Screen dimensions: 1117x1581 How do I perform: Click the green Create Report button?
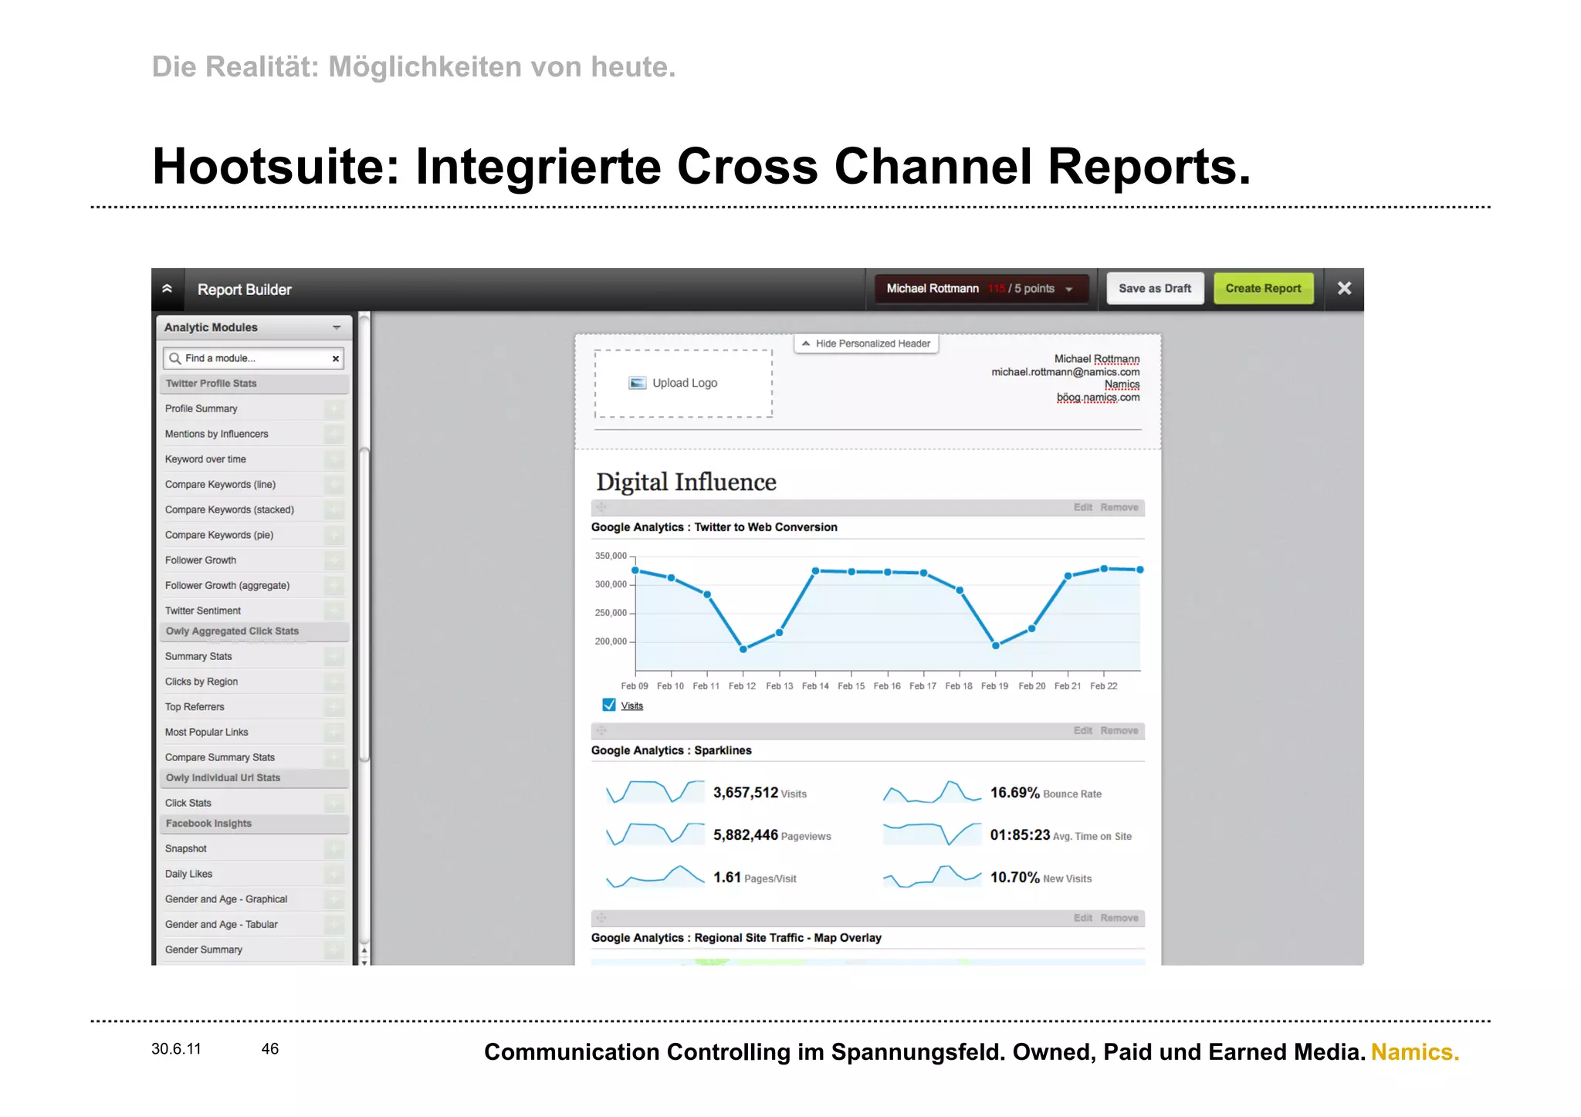coord(1263,289)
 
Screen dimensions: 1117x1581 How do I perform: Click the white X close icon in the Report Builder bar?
coord(1344,289)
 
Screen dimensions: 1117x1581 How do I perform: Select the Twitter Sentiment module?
coord(203,611)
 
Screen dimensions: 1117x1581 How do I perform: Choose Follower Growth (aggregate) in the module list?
coord(227,585)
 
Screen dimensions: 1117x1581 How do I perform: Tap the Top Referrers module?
coord(195,707)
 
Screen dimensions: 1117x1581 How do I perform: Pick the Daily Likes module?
coord(188,874)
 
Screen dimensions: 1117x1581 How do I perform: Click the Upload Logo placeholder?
coord(683,384)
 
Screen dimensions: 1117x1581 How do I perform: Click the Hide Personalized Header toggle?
coord(865,344)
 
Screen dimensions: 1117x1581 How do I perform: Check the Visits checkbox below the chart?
coord(609,705)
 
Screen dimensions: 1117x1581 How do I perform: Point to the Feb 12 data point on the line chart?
coord(743,649)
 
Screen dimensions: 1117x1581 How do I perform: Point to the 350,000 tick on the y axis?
coord(611,556)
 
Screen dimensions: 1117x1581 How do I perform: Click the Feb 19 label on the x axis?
coord(994,686)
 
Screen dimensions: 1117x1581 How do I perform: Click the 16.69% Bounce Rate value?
coord(1014,793)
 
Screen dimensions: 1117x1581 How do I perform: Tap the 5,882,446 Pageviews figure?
coord(746,835)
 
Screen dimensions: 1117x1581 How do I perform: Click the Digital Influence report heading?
coord(686,482)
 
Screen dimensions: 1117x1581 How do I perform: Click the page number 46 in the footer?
coord(269,1049)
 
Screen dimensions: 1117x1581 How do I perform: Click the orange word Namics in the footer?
coord(1414,1052)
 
